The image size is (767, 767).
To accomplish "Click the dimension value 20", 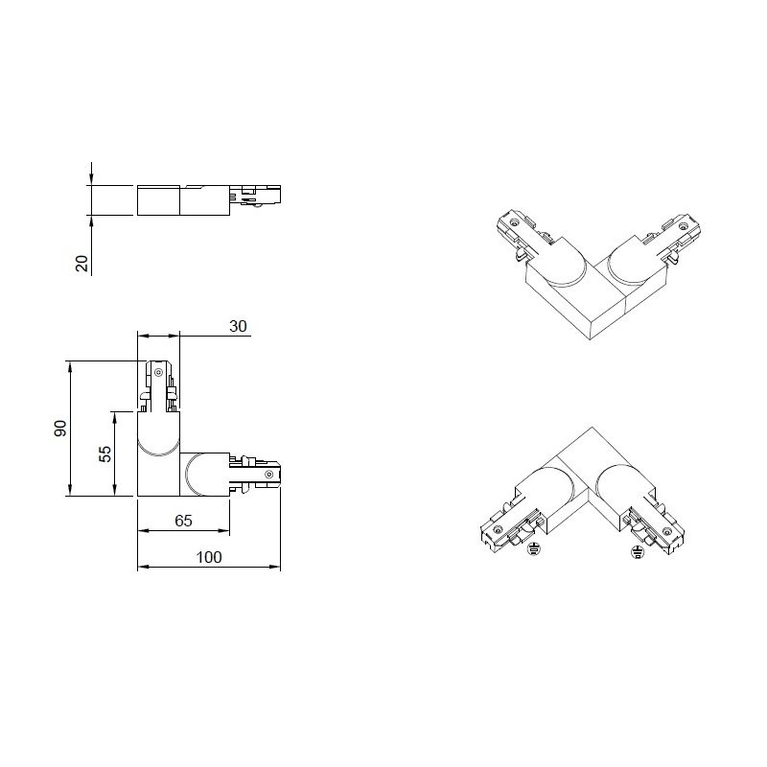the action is click(x=82, y=263).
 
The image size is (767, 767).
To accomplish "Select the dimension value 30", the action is click(x=238, y=326).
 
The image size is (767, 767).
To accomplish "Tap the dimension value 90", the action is click(x=60, y=428).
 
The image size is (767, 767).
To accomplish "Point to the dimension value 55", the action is click(x=105, y=453).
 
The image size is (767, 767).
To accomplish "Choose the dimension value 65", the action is click(x=183, y=521).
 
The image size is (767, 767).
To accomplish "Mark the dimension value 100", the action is click(x=209, y=557).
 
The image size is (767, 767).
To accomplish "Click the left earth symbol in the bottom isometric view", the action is click(x=534, y=549).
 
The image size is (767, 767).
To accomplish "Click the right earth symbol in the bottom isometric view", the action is click(x=638, y=552).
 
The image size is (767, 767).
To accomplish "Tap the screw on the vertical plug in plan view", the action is click(x=158, y=373).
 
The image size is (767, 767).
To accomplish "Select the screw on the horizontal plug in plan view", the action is click(x=268, y=474).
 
